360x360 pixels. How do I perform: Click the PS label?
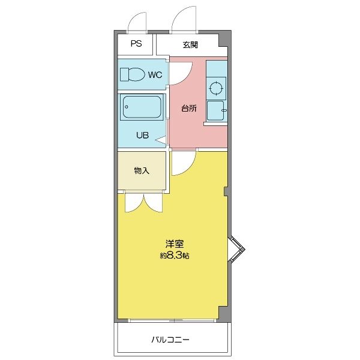point(136,44)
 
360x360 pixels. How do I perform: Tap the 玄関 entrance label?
point(191,44)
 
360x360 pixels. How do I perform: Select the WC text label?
point(154,75)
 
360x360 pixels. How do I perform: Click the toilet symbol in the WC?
point(132,75)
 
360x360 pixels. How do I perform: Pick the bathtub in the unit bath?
point(142,108)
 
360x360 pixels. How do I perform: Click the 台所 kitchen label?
point(189,109)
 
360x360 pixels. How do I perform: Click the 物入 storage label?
point(141,171)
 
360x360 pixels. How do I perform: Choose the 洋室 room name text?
point(175,245)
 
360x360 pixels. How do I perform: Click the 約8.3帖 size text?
point(175,256)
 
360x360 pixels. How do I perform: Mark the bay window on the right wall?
point(236,251)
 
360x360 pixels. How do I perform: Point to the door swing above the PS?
point(137,22)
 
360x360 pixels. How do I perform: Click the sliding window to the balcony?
point(174,320)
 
